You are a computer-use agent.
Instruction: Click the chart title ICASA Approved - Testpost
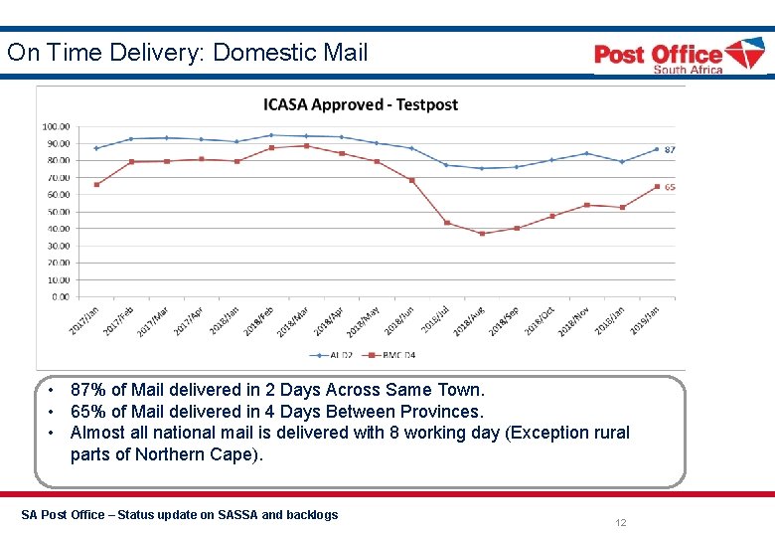click(360, 104)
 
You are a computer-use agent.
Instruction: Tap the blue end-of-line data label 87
click(670, 149)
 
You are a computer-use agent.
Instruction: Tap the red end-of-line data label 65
click(670, 187)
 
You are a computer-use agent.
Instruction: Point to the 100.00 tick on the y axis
click(56, 126)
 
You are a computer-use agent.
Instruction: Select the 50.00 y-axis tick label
click(57, 212)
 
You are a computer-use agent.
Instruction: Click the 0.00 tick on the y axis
click(60, 296)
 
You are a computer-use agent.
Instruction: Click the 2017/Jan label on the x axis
click(85, 319)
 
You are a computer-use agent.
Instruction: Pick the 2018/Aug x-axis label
click(470, 319)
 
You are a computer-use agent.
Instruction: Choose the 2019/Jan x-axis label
click(646, 319)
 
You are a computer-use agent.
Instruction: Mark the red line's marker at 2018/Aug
click(482, 234)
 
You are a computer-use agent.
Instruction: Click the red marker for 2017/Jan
click(96, 184)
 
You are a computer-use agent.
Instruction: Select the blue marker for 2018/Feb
click(271, 135)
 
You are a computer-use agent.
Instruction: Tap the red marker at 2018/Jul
click(446, 223)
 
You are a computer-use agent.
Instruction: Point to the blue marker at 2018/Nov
click(586, 153)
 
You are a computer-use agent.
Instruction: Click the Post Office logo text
click(658, 54)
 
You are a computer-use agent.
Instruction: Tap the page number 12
click(620, 523)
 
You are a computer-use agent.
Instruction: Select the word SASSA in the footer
click(227, 514)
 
